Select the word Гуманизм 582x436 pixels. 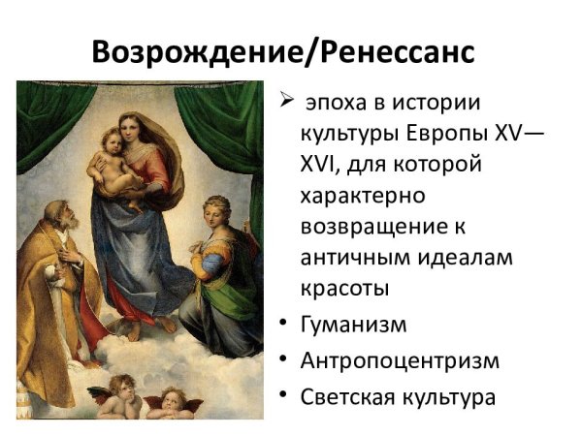click(354, 325)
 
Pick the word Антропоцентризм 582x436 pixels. click(400, 360)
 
